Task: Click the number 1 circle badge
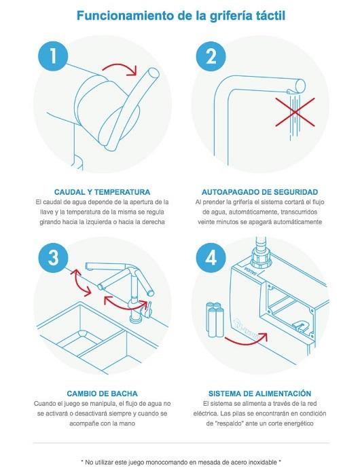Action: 53,56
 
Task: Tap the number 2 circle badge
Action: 211,56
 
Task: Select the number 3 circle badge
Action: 53,258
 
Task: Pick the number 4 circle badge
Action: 211,258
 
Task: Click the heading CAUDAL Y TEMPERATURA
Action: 102,192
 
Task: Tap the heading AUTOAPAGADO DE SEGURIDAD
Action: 260,192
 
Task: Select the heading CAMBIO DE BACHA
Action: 102,394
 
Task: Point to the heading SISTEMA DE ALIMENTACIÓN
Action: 260,394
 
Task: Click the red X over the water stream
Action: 295,112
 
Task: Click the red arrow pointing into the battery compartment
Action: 247,339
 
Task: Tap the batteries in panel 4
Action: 215,319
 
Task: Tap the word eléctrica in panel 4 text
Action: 205,413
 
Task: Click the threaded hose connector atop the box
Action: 261,257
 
